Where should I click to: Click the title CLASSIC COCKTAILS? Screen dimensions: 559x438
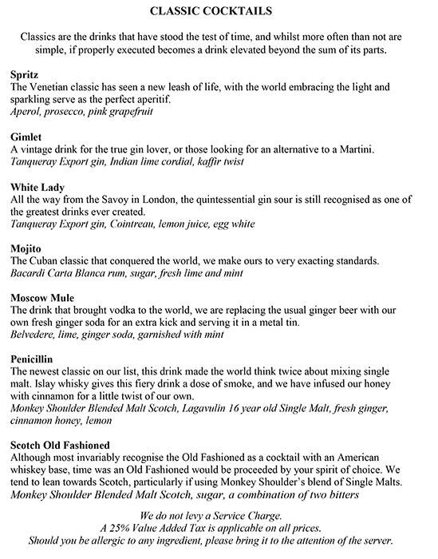(219, 12)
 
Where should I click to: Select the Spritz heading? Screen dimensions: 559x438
(25, 73)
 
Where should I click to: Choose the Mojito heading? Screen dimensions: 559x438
(27, 249)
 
